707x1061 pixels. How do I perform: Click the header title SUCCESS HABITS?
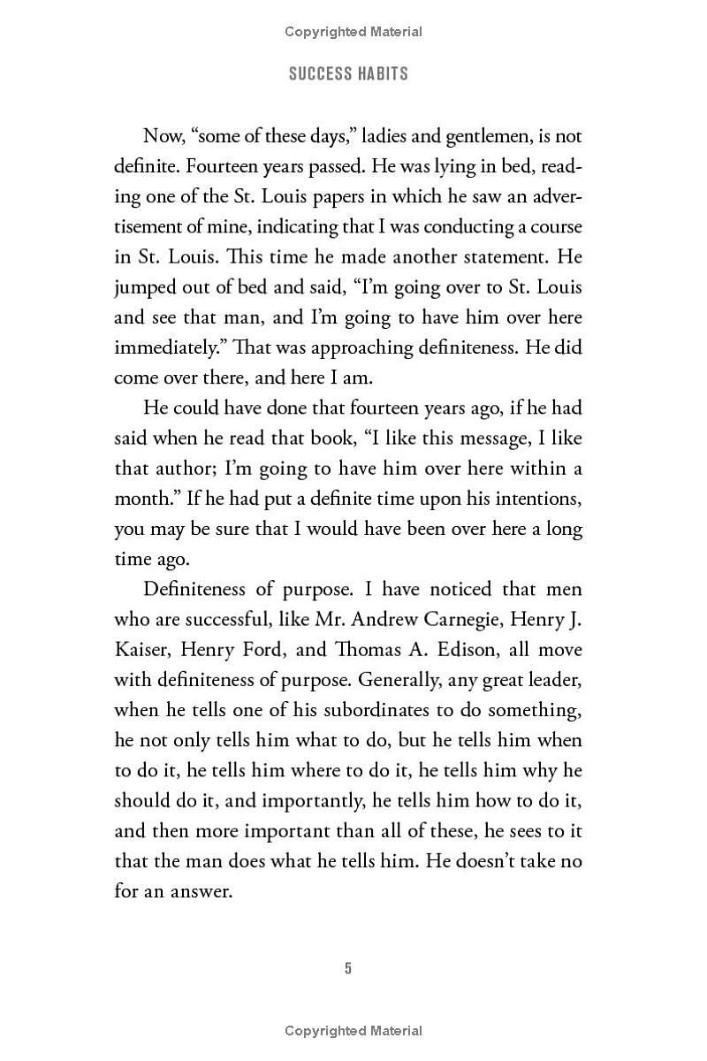(x=348, y=74)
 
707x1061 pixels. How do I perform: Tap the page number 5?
(x=348, y=968)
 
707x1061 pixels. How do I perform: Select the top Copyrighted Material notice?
(x=353, y=32)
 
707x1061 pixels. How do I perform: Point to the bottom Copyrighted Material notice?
(x=353, y=1030)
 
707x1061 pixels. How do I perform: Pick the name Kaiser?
(x=141, y=649)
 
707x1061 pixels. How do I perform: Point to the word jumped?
(x=148, y=288)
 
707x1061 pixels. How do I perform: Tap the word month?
(x=143, y=498)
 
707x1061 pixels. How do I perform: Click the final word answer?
(x=200, y=890)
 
